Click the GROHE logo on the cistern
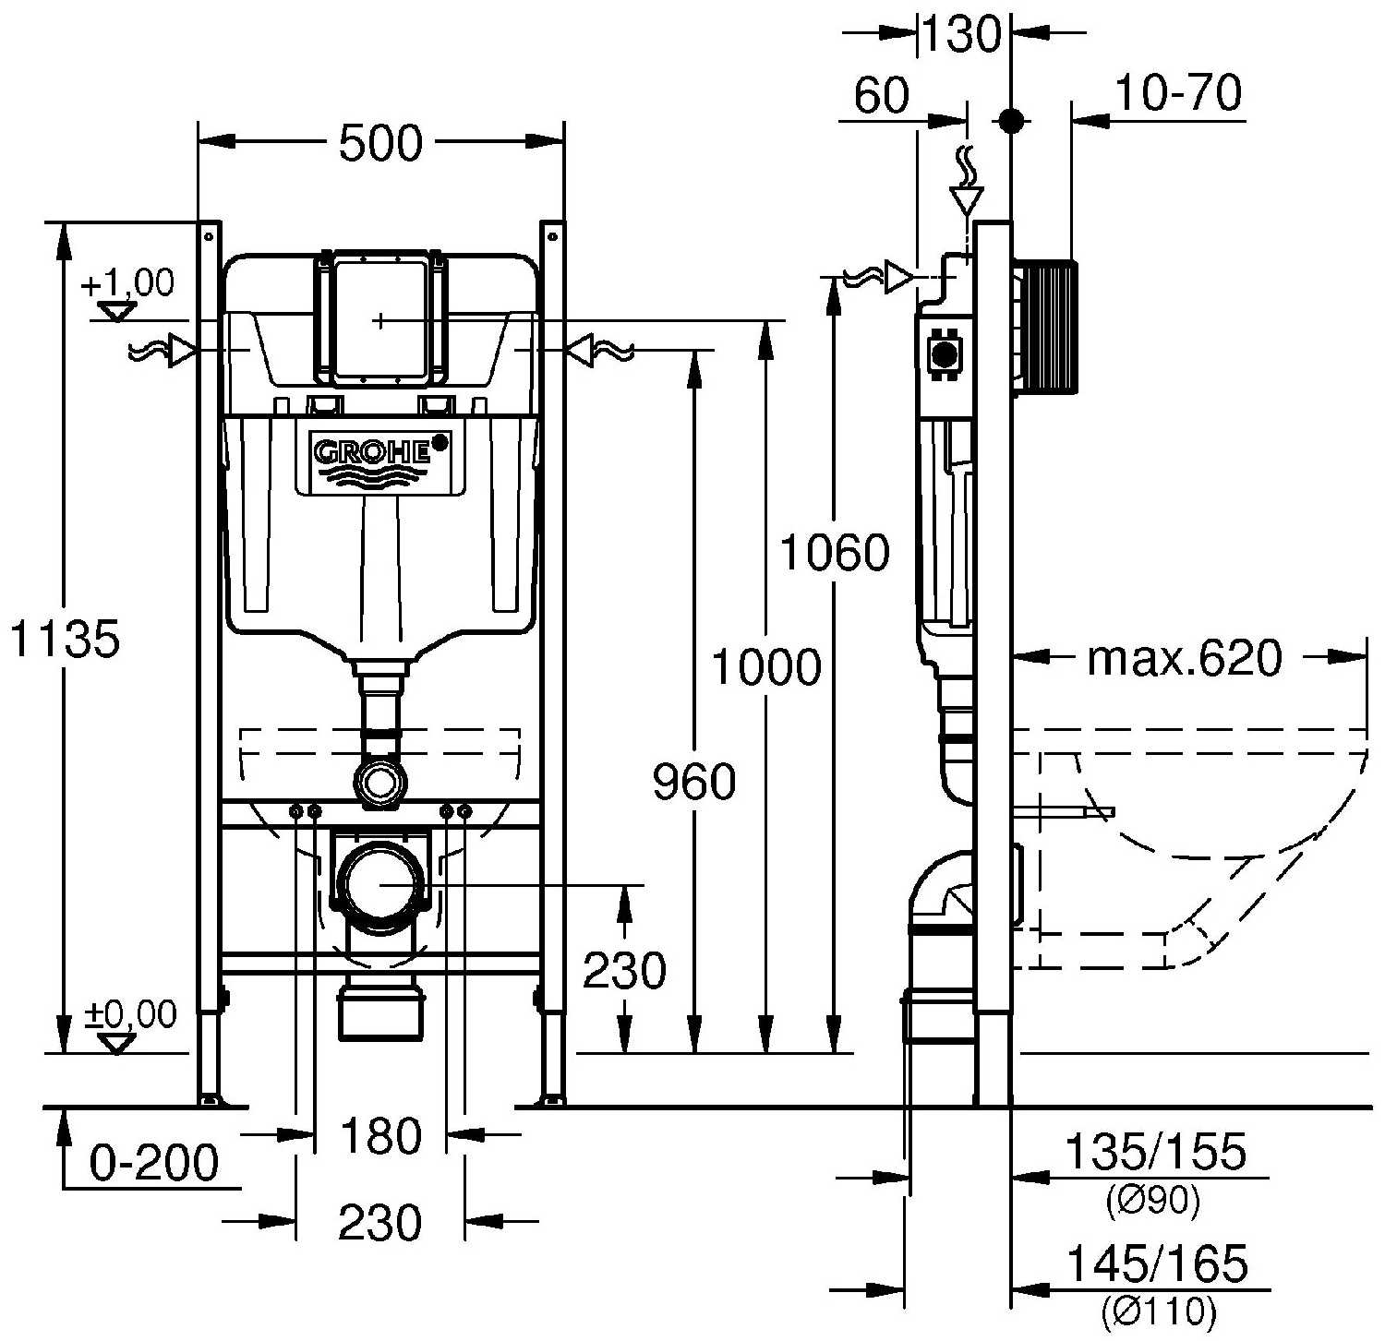374,452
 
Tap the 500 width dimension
380,143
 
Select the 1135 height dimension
65,638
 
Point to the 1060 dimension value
835,553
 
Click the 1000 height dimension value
765,667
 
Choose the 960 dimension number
694,783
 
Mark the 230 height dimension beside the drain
624,970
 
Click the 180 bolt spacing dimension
380,1135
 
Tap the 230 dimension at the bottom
380,1223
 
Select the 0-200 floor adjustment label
154,1163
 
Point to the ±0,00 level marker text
130,1014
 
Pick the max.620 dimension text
1185,658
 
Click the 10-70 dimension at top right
1178,93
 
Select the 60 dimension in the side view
881,95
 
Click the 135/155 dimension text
1155,1152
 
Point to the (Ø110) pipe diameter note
1158,1309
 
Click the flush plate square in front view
380,318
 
